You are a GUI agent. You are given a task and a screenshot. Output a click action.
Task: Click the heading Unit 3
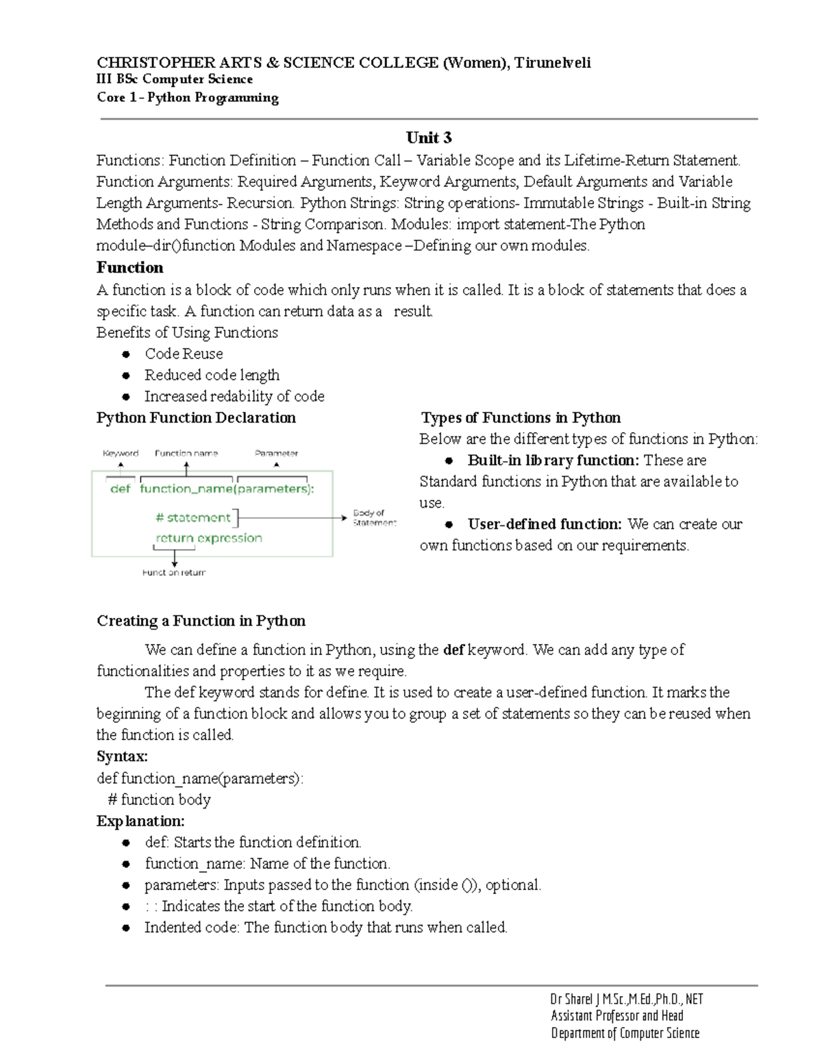(429, 138)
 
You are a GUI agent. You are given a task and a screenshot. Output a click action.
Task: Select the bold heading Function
(129, 267)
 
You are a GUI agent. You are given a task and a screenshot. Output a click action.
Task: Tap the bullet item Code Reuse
(184, 354)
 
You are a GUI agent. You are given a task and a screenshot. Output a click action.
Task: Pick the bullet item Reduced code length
(212, 375)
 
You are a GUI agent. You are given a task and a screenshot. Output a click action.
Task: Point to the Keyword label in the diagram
(121, 453)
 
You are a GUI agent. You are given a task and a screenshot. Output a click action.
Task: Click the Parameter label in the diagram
(276, 453)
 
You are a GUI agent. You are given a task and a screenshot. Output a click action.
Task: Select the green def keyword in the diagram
(120, 488)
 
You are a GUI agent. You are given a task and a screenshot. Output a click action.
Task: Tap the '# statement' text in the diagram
(193, 517)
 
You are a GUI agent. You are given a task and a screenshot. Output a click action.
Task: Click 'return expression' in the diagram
(209, 538)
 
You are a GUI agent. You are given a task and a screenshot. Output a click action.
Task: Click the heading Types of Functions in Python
(521, 418)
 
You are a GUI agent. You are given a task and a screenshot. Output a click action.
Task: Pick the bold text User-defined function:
(545, 524)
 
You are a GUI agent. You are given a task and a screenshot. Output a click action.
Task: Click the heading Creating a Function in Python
(201, 621)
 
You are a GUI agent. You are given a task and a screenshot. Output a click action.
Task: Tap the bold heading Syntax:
(122, 756)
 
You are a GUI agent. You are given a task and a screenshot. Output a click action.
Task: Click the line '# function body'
(160, 800)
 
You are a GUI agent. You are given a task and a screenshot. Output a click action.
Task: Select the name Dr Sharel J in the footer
(575, 999)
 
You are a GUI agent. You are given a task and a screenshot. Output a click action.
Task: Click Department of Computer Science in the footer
(625, 1033)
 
